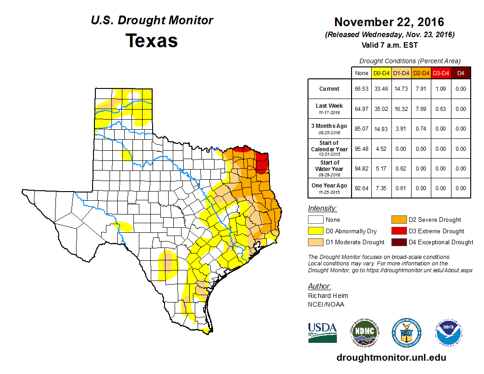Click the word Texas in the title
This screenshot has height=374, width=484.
[x=152, y=40]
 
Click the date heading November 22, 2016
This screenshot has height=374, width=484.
[x=389, y=22]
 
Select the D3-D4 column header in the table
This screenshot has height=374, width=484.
[x=441, y=73]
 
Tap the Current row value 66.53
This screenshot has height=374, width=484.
[x=362, y=89]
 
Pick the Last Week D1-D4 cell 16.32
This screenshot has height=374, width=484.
[x=401, y=109]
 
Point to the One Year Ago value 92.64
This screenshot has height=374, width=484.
[x=362, y=188]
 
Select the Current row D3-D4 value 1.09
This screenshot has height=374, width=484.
[x=441, y=89]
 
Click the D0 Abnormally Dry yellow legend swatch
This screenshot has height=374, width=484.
[x=315, y=231]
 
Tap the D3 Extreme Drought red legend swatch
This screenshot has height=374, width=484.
[x=398, y=231]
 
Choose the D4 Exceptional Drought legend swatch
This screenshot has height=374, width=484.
[x=398, y=242]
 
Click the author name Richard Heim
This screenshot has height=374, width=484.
[x=328, y=296]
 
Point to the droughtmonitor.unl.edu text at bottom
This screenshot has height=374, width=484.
[x=391, y=357]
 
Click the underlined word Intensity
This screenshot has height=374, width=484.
[x=322, y=209]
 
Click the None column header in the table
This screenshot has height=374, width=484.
[x=362, y=73]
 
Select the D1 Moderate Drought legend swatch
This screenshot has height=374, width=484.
[x=315, y=242]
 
